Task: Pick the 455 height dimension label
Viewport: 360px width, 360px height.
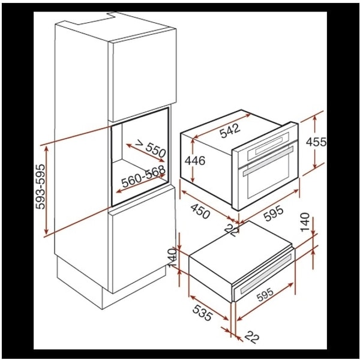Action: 316,143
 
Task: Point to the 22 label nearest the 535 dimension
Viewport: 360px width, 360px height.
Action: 251,339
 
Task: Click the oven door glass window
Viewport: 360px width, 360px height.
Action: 267,178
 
